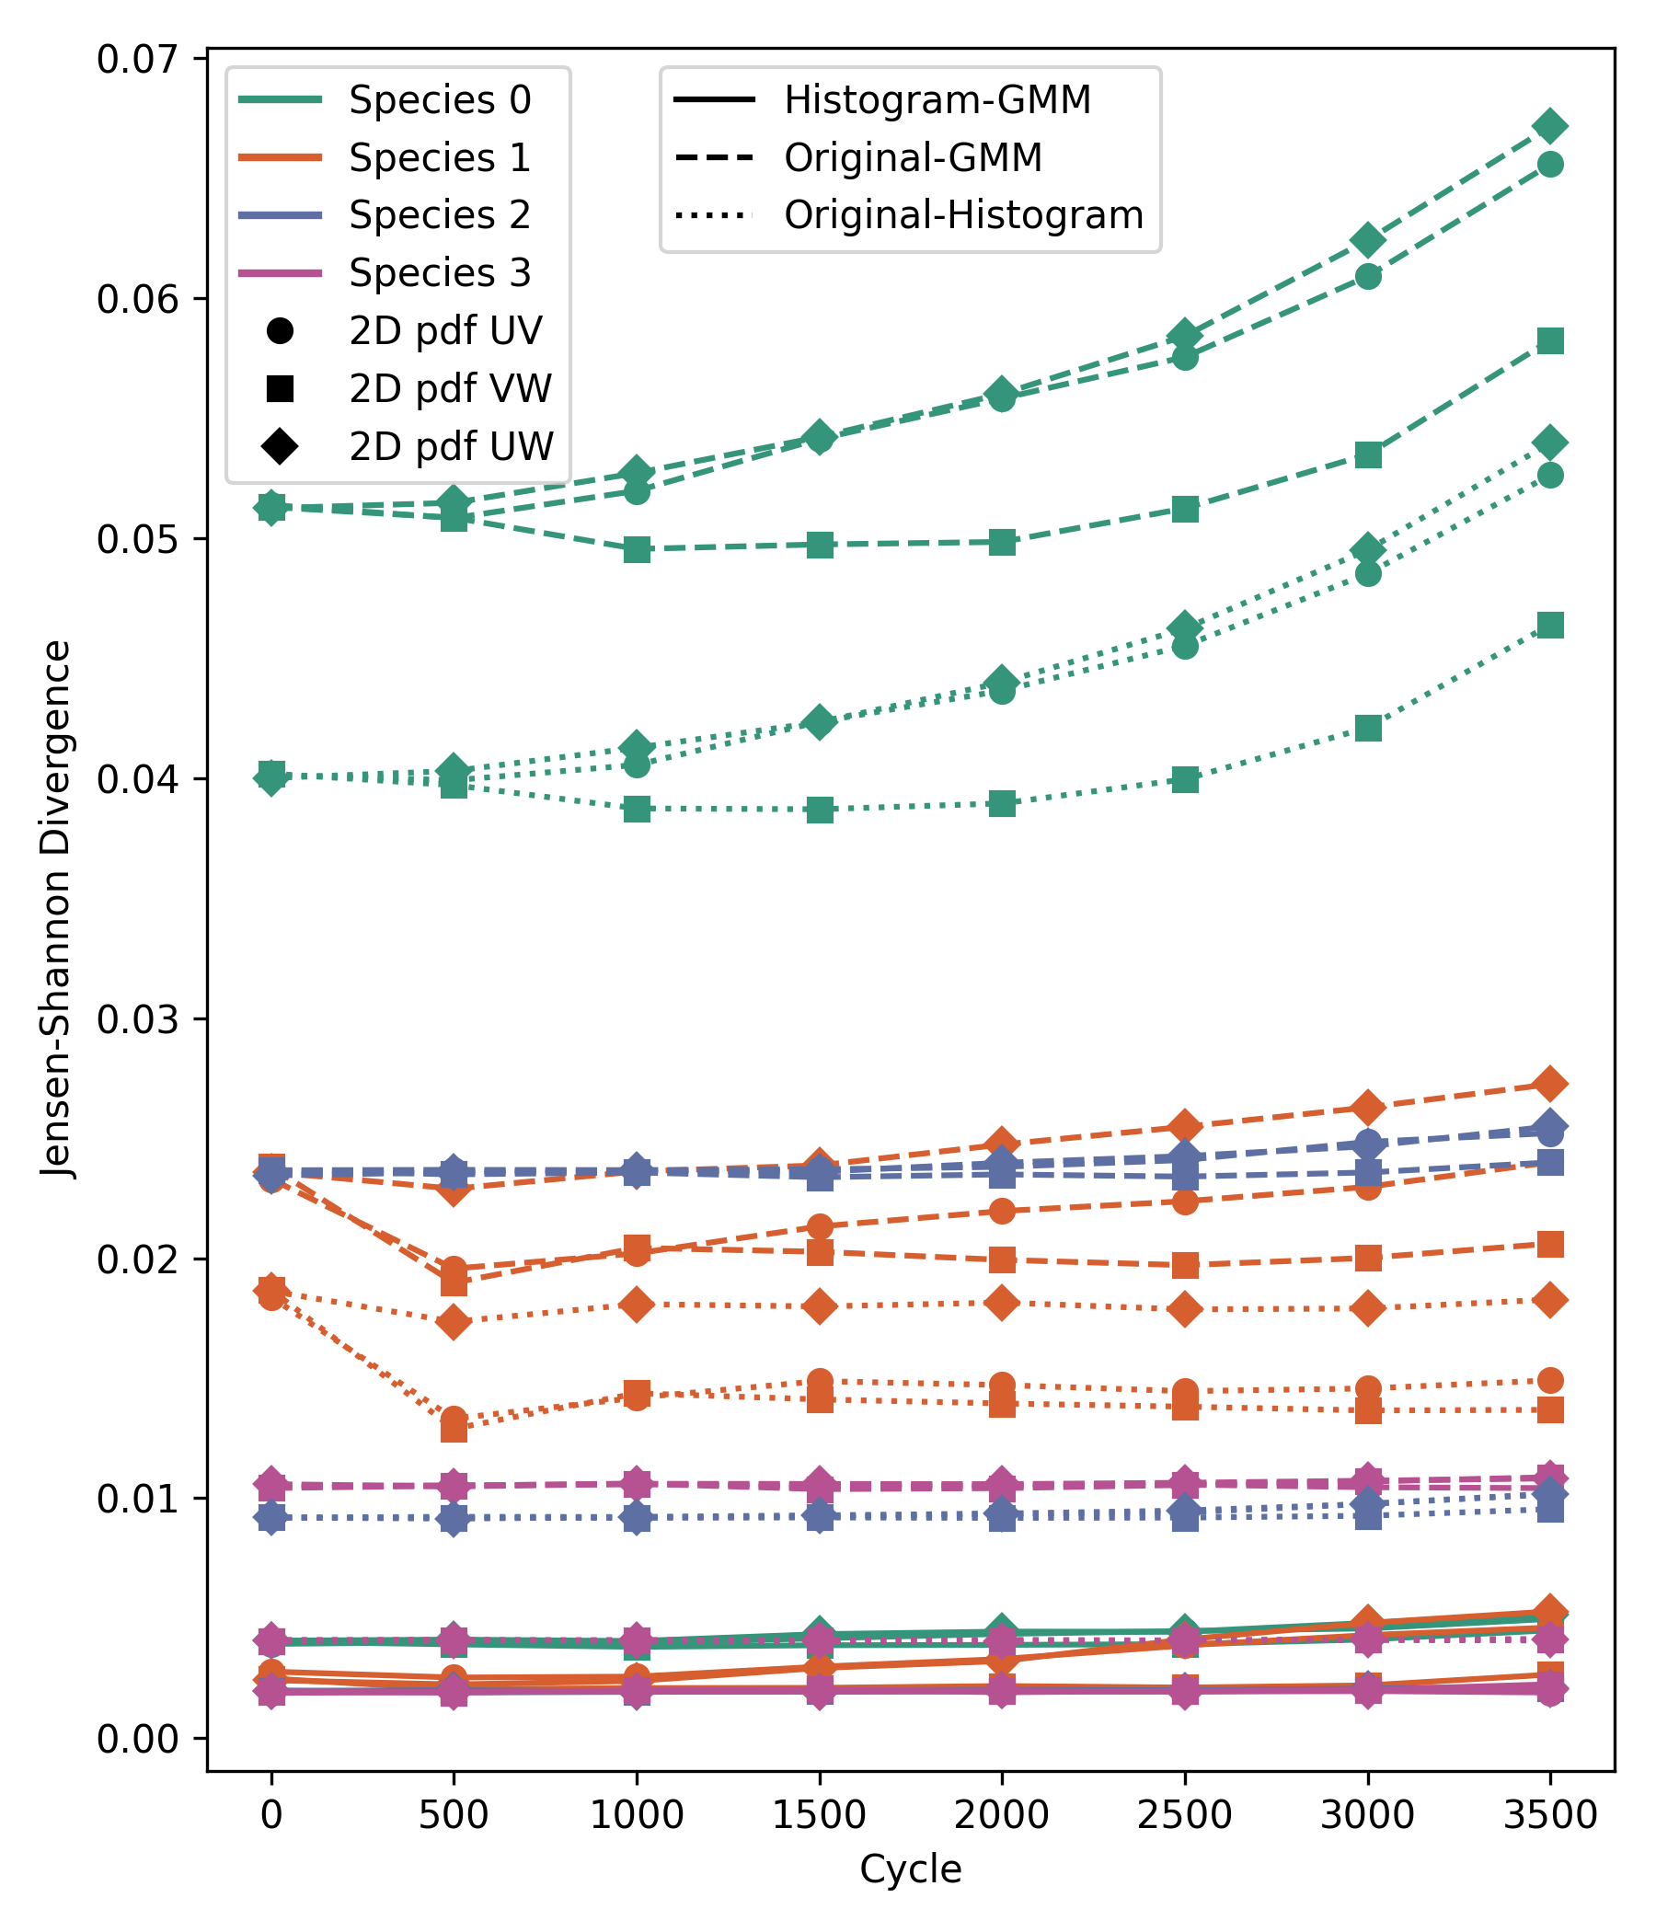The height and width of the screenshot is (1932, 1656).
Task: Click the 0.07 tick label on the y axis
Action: tap(137, 59)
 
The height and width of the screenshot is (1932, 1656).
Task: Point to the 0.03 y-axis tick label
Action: tap(137, 1019)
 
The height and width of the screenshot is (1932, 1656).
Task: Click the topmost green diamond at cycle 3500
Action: tap(1549, 125)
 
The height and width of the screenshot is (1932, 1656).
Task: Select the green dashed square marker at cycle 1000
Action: tap(637, 549)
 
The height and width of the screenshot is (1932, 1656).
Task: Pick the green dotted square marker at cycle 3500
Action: tap(1549, 625)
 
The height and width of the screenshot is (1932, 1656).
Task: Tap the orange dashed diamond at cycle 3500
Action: tap(1549, 1084)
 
